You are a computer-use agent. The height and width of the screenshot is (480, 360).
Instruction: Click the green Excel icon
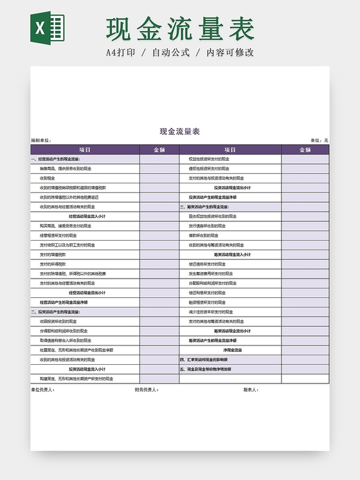point(47,28)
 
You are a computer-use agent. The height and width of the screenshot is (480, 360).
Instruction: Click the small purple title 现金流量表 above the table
point(179,131)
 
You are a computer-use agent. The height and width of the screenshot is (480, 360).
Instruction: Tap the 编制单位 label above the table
point(40,140)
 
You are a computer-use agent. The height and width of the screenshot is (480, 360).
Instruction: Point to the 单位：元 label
point(319,140)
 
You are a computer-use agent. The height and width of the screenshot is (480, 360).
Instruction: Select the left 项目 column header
point(85,149)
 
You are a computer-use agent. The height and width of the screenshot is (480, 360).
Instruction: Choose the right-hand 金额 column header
point(305,149)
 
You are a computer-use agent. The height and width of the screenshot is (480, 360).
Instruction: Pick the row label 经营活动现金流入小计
point(87,216)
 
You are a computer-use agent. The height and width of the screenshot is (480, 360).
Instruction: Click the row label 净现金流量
point(232,350)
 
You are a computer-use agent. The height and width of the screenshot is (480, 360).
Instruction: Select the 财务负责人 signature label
point(147,389)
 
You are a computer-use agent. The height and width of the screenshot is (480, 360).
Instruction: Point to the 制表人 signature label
point(251,389)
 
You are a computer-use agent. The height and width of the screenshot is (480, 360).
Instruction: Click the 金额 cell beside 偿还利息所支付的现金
point(305,292)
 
